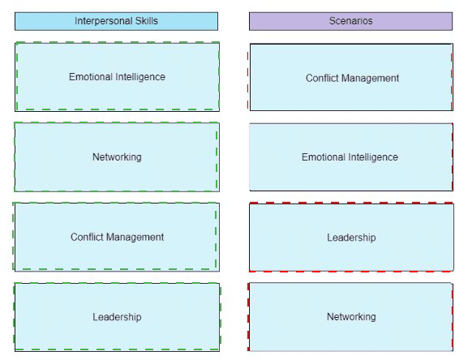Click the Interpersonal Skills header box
tap(117, 21)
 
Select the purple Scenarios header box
tap(350, 21)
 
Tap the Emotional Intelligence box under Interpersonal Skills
tap(117, 77)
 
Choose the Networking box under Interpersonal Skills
tap(117, 156)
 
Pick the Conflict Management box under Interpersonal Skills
tap(117, 237)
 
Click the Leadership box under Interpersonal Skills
tap(117, 317)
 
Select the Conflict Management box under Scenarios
tap(351, 77)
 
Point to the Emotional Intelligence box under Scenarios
tap(351, 156)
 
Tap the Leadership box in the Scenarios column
tap(351, 237)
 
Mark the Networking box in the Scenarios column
tap(351, 317)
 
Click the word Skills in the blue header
tap(147, 21)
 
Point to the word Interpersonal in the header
tap(104, 21)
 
